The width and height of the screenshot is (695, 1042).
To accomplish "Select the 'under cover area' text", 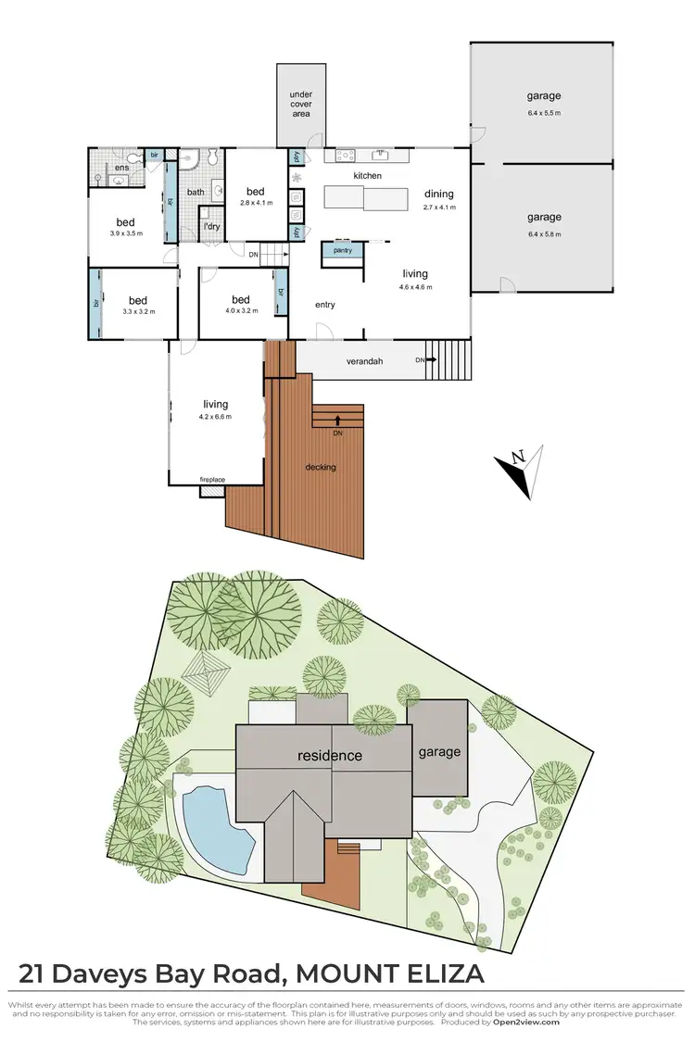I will pos(300,105).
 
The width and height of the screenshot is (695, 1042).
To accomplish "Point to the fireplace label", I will pos(213,480).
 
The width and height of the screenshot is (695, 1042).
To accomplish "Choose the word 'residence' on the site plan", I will pos(329,756).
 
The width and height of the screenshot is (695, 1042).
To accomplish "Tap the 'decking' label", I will pos(321,467).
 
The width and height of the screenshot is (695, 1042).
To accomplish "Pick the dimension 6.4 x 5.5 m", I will pos(544,114).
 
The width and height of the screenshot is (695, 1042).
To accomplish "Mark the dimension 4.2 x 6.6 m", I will pos(214,417).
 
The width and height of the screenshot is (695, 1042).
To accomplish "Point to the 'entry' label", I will pos(325,305).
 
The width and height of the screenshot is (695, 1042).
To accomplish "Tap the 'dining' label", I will pos(439,195).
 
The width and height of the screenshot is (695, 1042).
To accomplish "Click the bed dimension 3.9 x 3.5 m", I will pos(125,235).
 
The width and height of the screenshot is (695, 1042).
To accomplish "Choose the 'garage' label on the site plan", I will pos(439,752).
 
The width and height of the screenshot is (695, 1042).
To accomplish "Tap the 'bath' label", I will pos(196,193).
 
